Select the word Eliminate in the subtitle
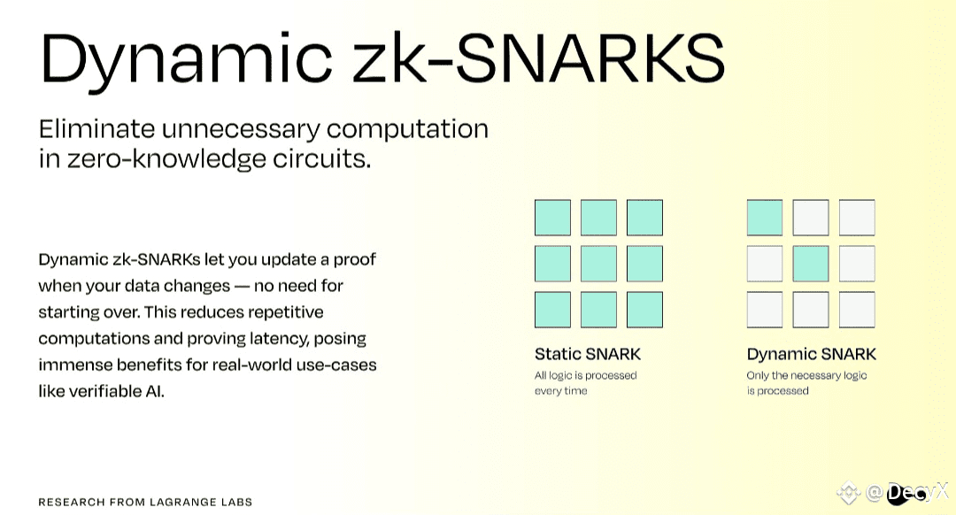97,129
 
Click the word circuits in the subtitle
321,158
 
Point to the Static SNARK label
588,354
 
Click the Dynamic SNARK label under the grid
811,354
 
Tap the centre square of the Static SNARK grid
598,264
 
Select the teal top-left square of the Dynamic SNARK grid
765,218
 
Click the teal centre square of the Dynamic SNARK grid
811,264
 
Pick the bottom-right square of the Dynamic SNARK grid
857,310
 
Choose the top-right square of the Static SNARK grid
644,218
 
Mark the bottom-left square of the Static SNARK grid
553,310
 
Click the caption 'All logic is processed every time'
585,383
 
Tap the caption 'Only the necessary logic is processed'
806,383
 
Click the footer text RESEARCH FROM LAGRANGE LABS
145,503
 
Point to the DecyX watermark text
918,492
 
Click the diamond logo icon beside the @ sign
849,493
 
